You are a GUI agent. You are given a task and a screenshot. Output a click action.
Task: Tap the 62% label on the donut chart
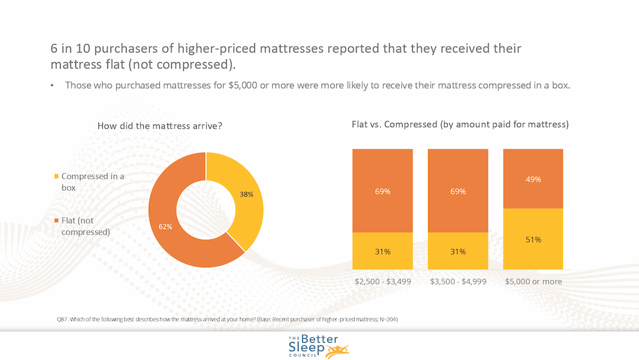pyautogui.click(x=166, y=226)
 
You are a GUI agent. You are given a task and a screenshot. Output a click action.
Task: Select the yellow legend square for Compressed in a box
pyautogui.click(x=56, y=176)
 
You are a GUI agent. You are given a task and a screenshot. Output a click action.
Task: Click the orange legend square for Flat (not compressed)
pyautogui.click(x=56, y=221)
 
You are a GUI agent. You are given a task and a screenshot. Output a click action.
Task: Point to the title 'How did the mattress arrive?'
pyautogui.click(x=160, y=126)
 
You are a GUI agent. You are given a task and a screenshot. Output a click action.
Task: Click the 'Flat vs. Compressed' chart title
pyautogui.click(x=460, y=124)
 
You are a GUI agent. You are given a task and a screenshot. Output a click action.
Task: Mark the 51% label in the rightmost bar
pyautogui.click(x=533, y=240)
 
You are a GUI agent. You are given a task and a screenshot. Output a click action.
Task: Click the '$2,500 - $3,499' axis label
pyautogui.click(x=383, y=281)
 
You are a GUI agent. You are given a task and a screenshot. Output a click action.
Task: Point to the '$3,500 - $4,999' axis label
pyautogui.click(x=458, y=281)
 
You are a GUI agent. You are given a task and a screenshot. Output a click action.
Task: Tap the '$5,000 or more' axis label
pyautogui.click(x=534, y=281)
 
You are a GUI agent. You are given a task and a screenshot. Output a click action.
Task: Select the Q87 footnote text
pyautogui.click(x=227, y=319)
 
